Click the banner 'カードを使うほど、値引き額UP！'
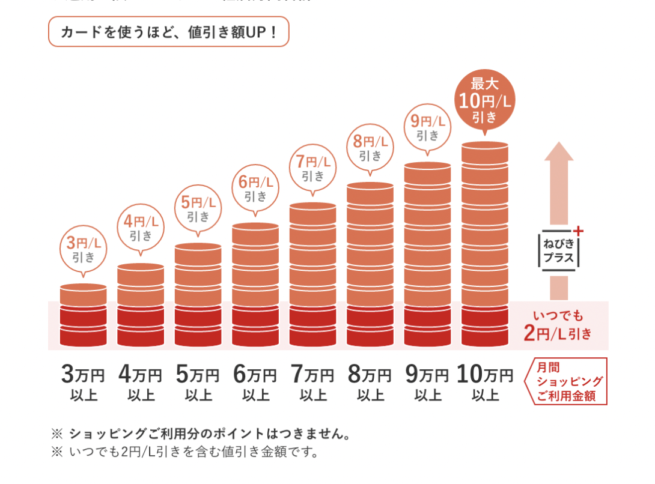pyautogui.click(x=168, y=32)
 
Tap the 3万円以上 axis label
pyautogui.click(x=84, y=384)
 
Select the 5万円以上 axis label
pyautogui.click(x=198, y=384)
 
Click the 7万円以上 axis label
pyautogui.click(x=312, y=384)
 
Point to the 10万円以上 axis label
pyautogui.click(x=485, y=384)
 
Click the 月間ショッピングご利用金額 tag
pyautogui.click(x=568, y=382)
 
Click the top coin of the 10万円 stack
pyautogui.click(x=485, y=153)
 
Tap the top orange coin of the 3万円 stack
pyautogui.click(x=84, y=295)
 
